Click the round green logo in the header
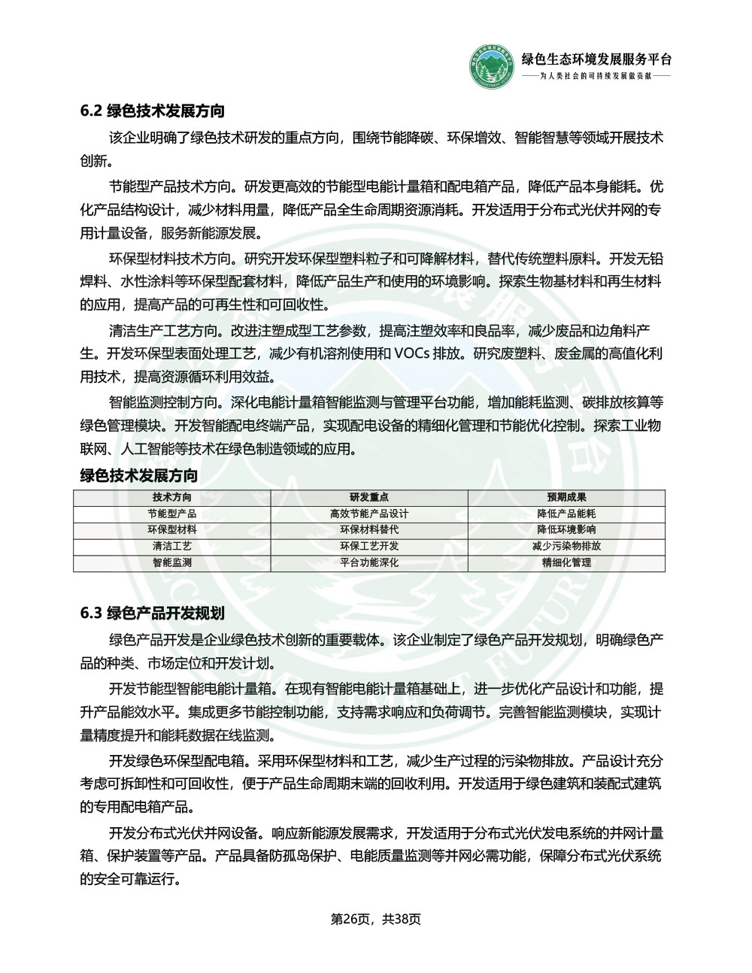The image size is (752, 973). point(490,67)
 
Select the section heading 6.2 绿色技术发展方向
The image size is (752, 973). point(153,111)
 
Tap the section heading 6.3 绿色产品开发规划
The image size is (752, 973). point(153,613)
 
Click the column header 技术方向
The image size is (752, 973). point(172,498)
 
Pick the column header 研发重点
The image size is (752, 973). point(369,498)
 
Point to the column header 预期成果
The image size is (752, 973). point(566,498)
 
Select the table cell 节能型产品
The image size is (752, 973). point(172,514)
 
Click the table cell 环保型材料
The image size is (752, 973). point(172,530)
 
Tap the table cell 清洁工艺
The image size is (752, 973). point(172,547)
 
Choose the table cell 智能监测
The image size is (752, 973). point(172,562)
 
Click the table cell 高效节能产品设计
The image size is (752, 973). point(369,514)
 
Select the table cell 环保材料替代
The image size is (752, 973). point(369,530)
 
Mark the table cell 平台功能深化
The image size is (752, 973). point(369,562)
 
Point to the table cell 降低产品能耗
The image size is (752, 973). point(566,514)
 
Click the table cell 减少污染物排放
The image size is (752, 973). point(566,547)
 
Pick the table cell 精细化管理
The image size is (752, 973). point(566,562)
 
